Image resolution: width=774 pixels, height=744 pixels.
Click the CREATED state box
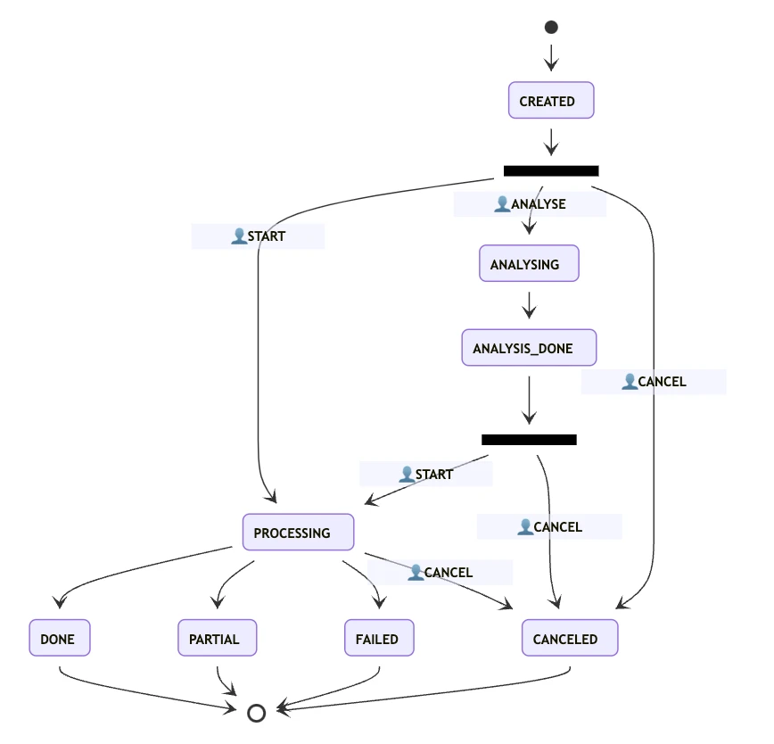point(550,101)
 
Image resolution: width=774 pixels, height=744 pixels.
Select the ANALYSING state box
point(529,264)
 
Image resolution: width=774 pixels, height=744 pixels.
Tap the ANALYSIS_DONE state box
point(528,348)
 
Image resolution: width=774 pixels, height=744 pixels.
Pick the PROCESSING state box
point(298,533)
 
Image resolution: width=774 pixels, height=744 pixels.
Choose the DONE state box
point(59,639)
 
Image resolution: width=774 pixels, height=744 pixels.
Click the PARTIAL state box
point(217,639)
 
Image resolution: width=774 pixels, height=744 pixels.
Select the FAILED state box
point(378,639)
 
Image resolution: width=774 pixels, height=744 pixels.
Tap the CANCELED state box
point(569,639)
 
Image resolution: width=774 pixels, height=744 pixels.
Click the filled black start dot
point(551,28)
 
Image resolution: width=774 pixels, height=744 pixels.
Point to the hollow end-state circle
point(256,713)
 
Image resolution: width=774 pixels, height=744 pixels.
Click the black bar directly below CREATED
point(550,170)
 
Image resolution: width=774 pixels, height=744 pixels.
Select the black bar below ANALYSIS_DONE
point(529,440)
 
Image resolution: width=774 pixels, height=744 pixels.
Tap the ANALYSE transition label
point(538,204)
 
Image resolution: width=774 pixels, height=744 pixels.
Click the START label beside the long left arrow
point(266,236)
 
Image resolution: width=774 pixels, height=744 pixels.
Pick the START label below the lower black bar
point(433,475)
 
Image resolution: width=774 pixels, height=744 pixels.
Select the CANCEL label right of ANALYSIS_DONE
point(662,382)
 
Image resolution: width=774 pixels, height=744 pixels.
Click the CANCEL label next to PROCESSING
point(448,572)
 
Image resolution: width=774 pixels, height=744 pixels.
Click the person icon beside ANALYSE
point(502,204)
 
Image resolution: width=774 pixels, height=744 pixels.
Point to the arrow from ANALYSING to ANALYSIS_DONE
point(529,305)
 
